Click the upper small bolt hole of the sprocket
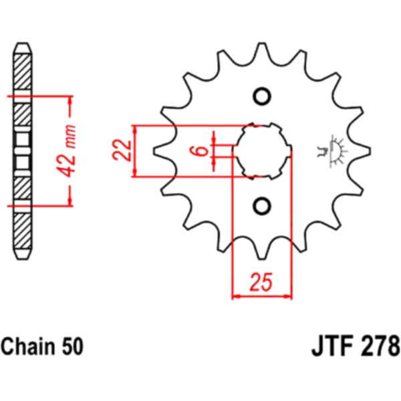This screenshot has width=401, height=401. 261,96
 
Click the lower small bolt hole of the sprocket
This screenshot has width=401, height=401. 261,206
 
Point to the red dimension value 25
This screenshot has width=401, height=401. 261,282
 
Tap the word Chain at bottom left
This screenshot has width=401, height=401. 28,346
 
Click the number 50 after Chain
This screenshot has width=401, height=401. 72,346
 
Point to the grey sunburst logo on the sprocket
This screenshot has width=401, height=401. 332,151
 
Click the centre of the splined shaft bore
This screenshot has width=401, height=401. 261,151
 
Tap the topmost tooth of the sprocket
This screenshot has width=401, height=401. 261,51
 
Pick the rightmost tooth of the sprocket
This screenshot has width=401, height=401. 361,151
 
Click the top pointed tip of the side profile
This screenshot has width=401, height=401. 23,43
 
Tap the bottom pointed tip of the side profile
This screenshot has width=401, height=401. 23,259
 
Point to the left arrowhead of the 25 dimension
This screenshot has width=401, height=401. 236,297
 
